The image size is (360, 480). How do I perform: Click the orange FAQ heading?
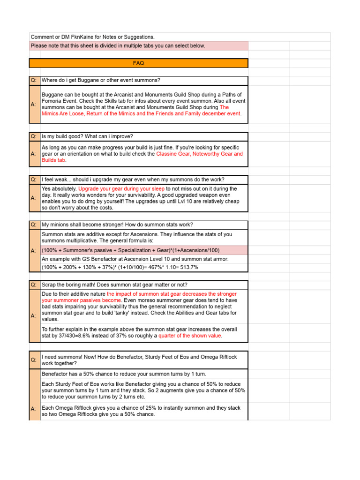coord(138,63)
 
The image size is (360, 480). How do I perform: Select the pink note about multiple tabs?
coord(118,45)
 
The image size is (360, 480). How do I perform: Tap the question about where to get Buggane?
coord(101,80)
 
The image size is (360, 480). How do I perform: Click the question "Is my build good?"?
coord(87,136)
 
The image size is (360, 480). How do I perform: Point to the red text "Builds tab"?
coord(53,160)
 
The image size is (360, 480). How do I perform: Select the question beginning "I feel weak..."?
coord(133,180)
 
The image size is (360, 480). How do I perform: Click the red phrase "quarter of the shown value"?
coord(189,336)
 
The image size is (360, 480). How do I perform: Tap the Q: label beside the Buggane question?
coord(34,80)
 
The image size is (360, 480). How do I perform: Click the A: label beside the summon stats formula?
coord(34,251)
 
